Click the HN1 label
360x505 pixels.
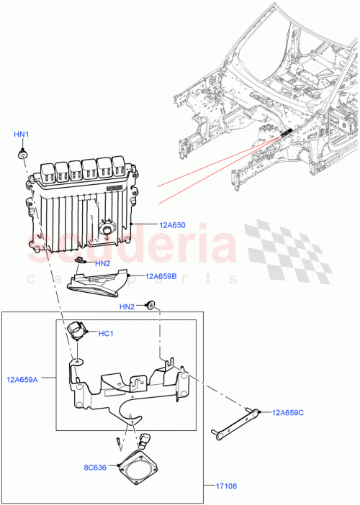click(22, 135)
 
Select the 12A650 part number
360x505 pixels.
click(171, 224)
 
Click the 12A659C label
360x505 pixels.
click(289, 412)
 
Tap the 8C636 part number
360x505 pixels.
click(96, 468)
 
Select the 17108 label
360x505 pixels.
click(226, 486)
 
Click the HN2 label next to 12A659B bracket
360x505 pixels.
click(103, 263)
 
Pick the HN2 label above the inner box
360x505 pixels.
click(127, 307)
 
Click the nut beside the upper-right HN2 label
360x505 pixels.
click(150, 306)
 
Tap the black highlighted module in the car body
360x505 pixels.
click(286, 133)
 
